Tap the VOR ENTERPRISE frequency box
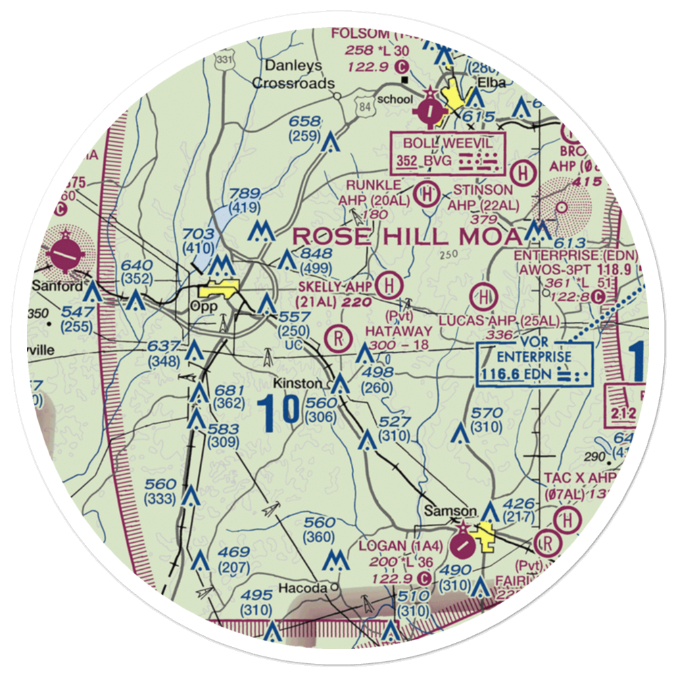tap(534, 364)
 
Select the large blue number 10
tap(279, 412)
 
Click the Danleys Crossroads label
tap(293, 75)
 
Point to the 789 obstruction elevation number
tap(245, 194)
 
